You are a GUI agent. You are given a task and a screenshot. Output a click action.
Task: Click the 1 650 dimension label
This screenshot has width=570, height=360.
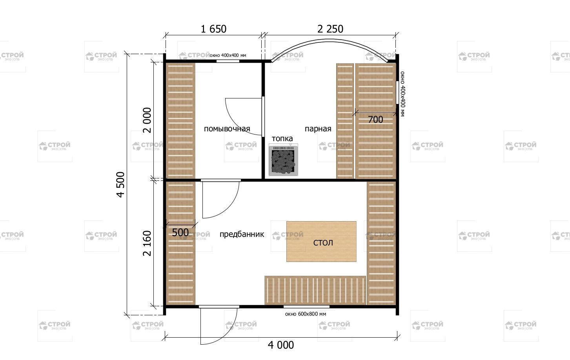click(x=213, y=29)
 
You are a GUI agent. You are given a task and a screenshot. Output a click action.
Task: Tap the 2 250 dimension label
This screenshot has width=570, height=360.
click(x=330, y=29)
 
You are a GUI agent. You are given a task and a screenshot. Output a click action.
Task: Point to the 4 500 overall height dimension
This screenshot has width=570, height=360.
click(x=120, y=184)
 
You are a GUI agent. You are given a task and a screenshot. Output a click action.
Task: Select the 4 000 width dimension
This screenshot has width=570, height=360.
click(x=280, y=345)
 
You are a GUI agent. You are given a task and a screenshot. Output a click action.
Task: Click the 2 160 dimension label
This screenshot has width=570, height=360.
click(x=147, y=243)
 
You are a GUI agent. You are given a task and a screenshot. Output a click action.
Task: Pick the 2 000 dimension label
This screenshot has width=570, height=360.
click(x=147, y=120)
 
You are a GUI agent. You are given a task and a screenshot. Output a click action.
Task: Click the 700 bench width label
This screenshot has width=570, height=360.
click(x=375, y=119)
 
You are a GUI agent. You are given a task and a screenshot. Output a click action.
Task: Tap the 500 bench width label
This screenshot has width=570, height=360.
click(x=180, y=233)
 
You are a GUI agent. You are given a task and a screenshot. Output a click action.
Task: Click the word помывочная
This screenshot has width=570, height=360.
click(x=227, y=129)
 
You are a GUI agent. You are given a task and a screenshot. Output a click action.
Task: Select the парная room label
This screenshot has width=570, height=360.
click(x=318, y=129)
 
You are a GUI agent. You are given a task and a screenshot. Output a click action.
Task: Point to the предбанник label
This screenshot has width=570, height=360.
click(x=242, y=234)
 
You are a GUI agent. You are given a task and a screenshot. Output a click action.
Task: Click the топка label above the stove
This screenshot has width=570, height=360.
click(x=282, y=139)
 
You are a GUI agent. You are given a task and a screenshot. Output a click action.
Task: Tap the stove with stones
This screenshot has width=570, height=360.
click(x=283, y=160)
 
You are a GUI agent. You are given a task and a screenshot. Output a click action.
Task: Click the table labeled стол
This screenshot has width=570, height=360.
click(x=321, y=242)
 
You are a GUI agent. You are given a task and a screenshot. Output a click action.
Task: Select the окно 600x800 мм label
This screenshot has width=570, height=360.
click(x=305, y=314)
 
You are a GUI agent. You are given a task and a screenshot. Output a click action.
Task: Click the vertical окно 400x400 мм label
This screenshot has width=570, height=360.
click(x=402, y=94)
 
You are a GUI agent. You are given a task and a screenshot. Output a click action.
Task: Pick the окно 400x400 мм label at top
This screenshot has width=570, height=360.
click(x=228, y=55)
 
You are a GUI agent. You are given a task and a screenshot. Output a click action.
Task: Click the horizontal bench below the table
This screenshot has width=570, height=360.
click(x=315, y=290)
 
